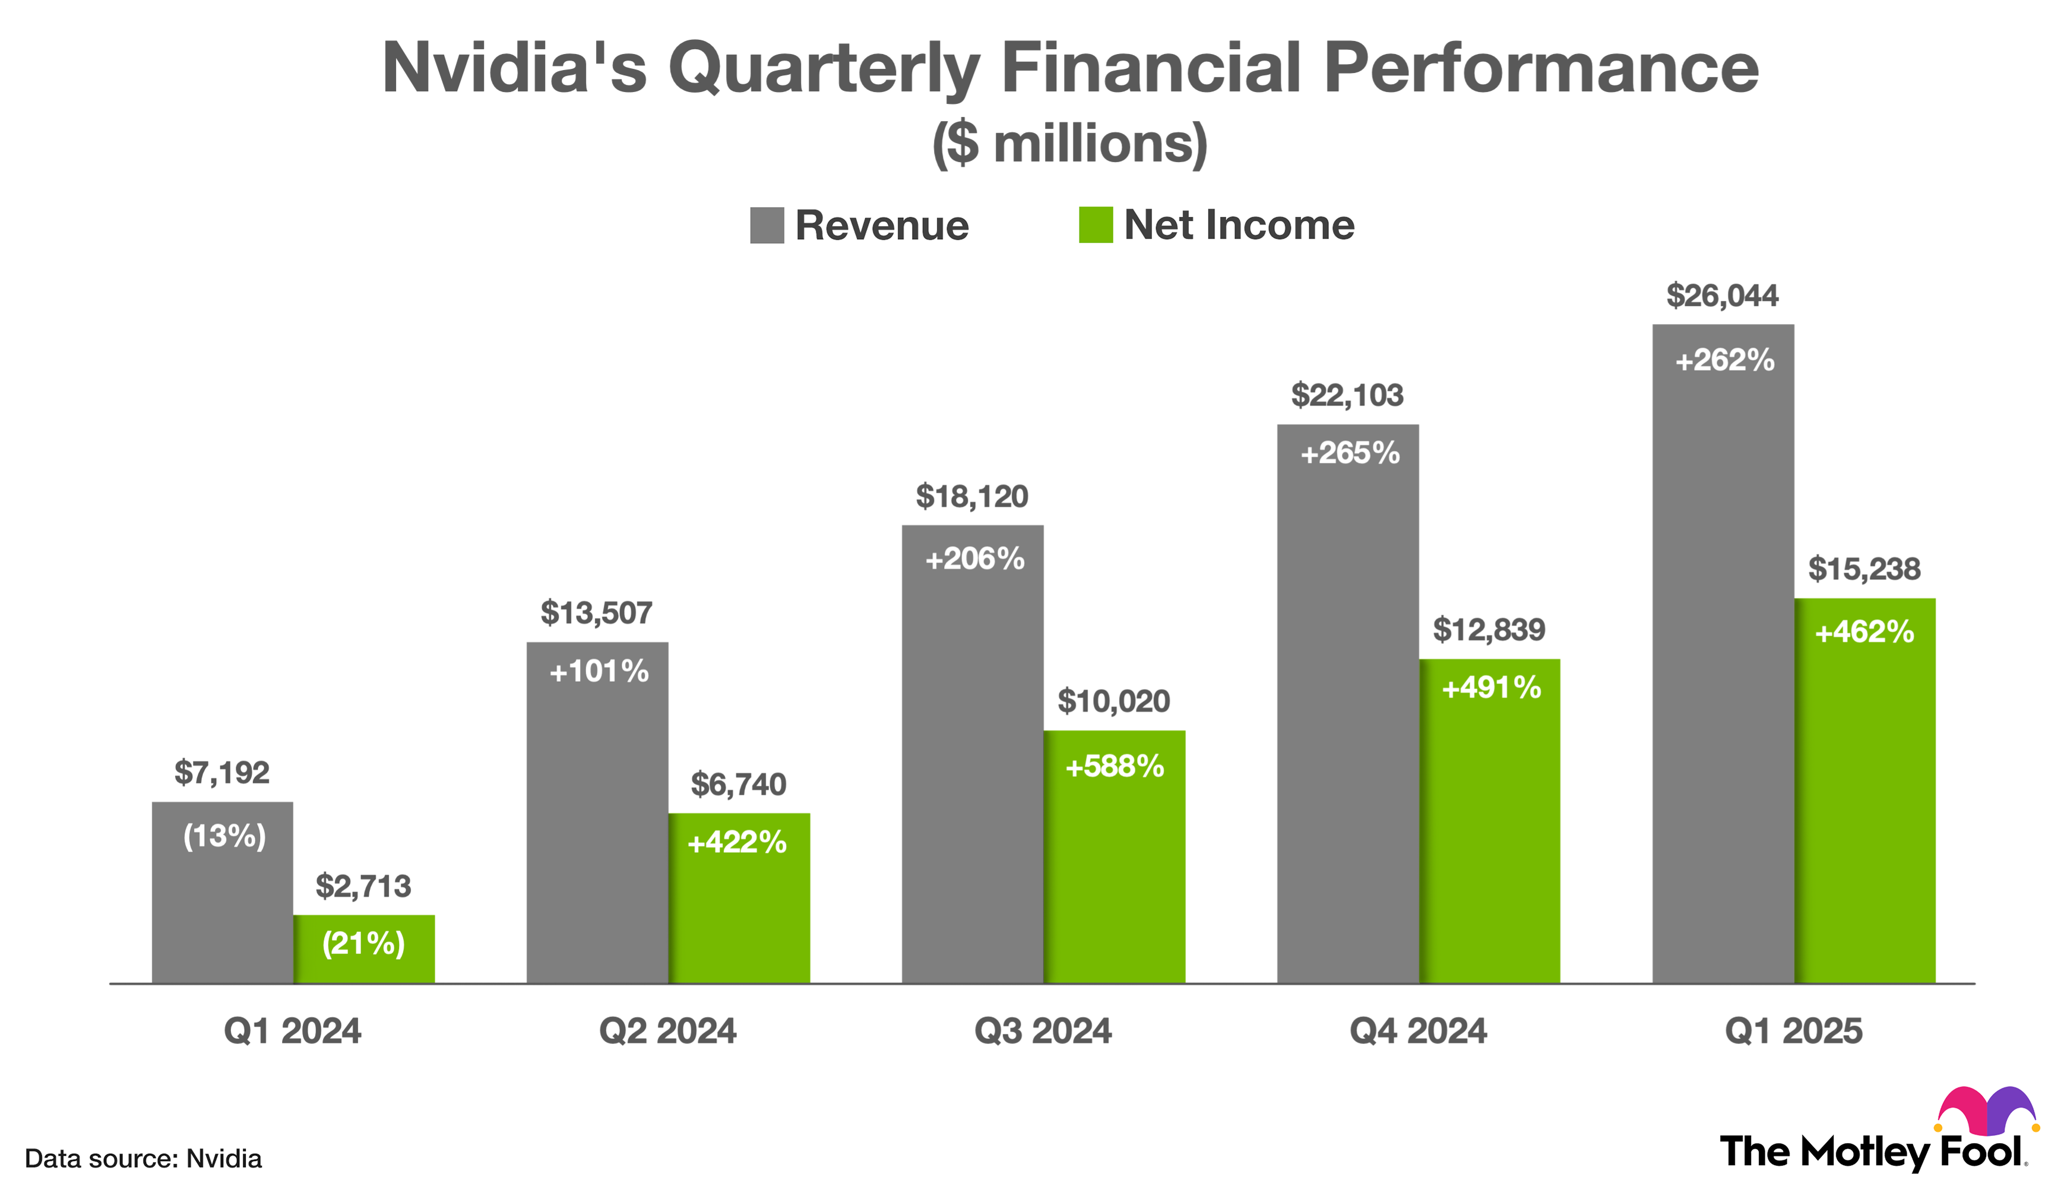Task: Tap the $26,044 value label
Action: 1721,295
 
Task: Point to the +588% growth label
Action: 1114,766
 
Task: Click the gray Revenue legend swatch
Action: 767,225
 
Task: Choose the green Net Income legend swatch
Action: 1095,225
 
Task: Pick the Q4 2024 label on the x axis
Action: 1417,1032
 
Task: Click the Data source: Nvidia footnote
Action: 144,1159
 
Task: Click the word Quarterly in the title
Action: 824,68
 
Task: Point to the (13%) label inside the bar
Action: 224,836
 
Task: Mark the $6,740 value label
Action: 738,784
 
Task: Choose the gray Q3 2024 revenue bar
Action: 972,775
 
